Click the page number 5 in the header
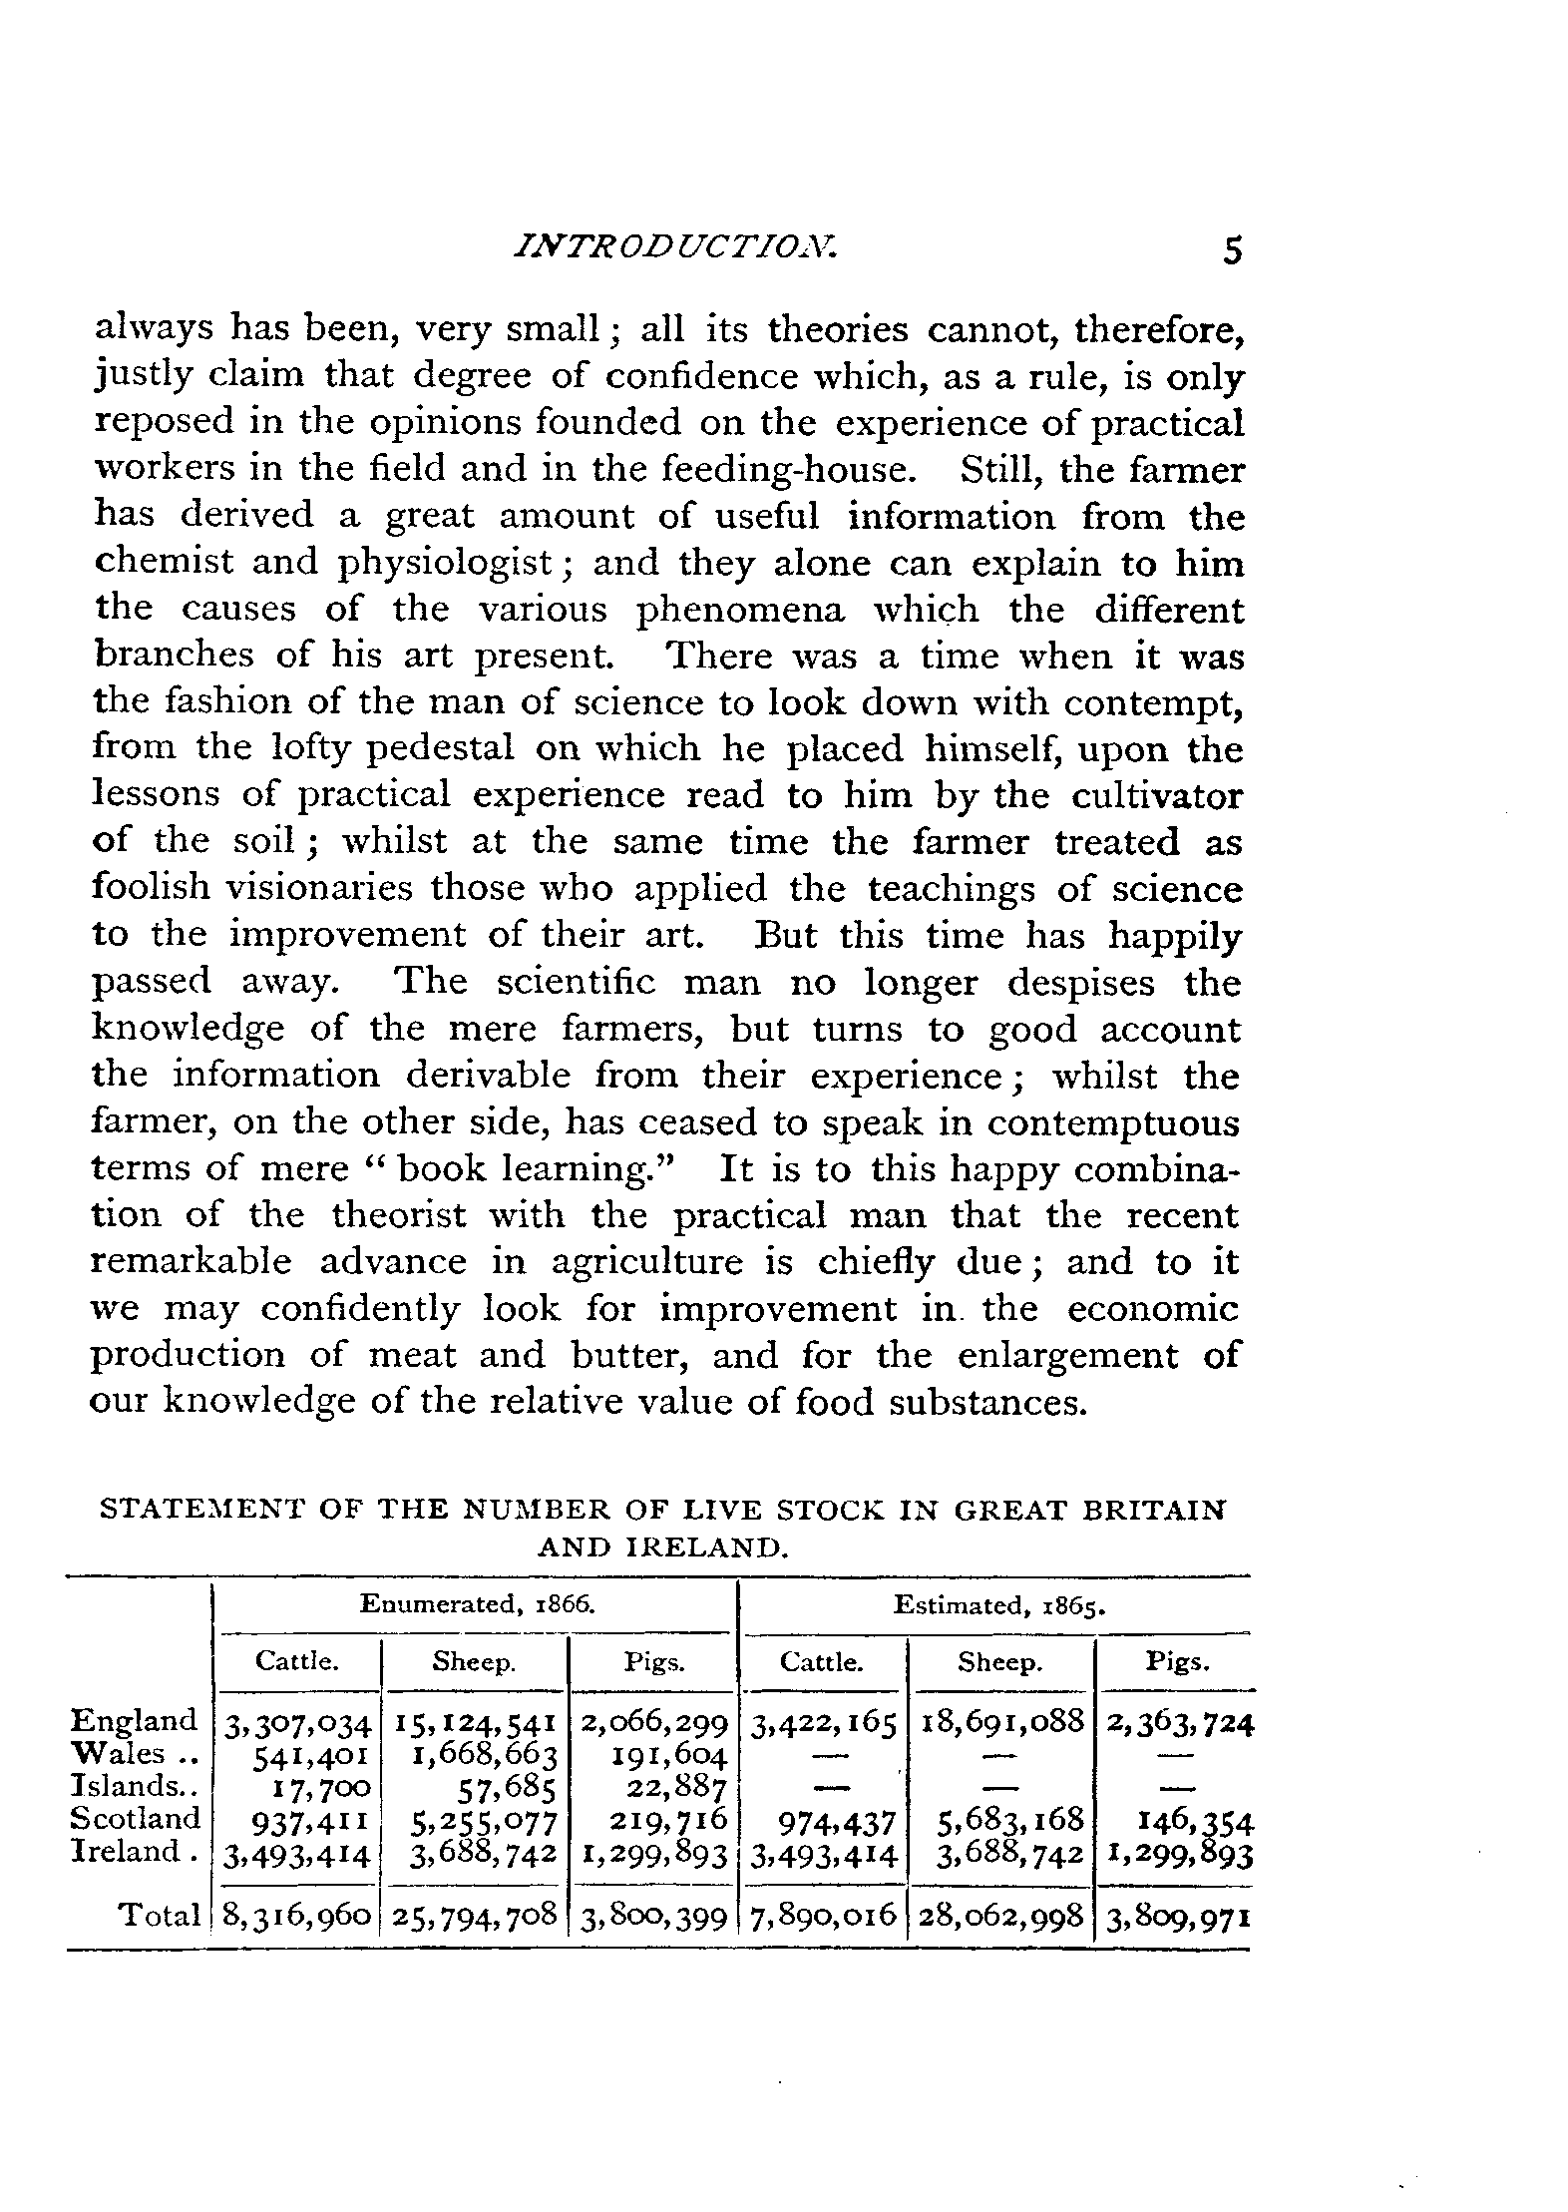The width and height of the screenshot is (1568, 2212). click(1233, 250)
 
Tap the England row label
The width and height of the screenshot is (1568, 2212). click(135, 1721)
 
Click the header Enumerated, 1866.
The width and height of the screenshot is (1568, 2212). click(477, 1604)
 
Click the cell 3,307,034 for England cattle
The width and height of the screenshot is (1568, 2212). click(297, 1723)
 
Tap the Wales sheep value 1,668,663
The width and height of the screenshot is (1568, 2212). click(483, 1755)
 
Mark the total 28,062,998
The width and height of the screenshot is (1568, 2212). click(1001, 1916)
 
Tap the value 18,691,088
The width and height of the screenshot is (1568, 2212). click(1001, 1723)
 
